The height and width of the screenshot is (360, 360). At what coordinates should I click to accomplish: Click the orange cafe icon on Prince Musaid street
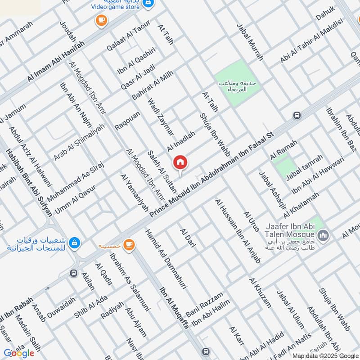pyautogui.click(x=130, y=244)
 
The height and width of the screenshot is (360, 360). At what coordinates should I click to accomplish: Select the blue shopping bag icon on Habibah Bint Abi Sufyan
pyautogui.click(x=75, y=243)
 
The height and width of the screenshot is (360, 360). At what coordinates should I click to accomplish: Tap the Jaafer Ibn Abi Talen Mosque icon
pyautogui.click(x=323, y=235)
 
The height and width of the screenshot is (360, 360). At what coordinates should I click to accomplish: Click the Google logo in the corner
pyautogui.click(x=19, y=353)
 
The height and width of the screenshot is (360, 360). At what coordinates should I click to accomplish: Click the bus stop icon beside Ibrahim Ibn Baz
pyautogui.click(x=297, y=116)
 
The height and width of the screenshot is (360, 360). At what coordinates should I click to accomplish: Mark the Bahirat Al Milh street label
pyautogui.click(x=152, y=85)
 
